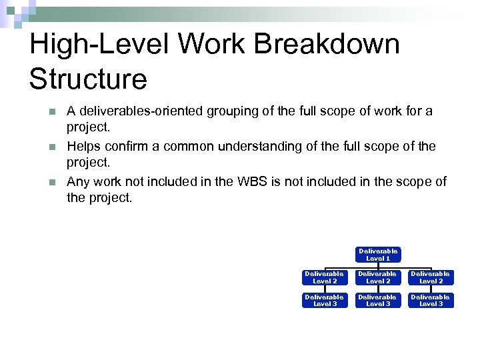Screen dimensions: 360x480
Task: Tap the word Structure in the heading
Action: point(88,79)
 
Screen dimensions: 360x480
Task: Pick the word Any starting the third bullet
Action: point(78,181)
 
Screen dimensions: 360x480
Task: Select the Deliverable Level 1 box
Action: point(378,255)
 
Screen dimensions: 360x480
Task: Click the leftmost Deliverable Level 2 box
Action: point(325,277)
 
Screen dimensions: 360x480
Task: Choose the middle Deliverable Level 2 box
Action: point(378,277)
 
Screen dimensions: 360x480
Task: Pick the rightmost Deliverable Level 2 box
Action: point(431,277)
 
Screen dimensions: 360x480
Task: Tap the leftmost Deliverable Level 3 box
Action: point(325,301)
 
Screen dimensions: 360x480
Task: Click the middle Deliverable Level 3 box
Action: point(378,301)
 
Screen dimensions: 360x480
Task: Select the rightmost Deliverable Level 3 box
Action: point(431,301)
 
